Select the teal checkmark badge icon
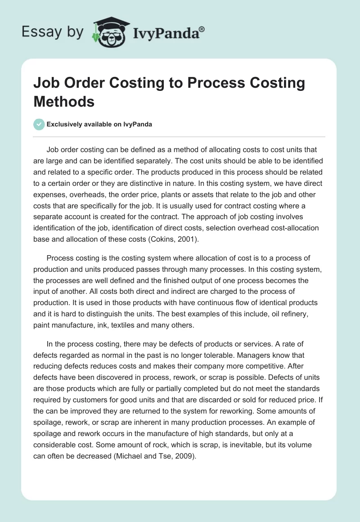pyautogui.click(x=40, y=124)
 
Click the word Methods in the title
pyautogui.click(x=64, y=101)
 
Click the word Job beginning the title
pyautogui.click(x=46, y=83)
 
